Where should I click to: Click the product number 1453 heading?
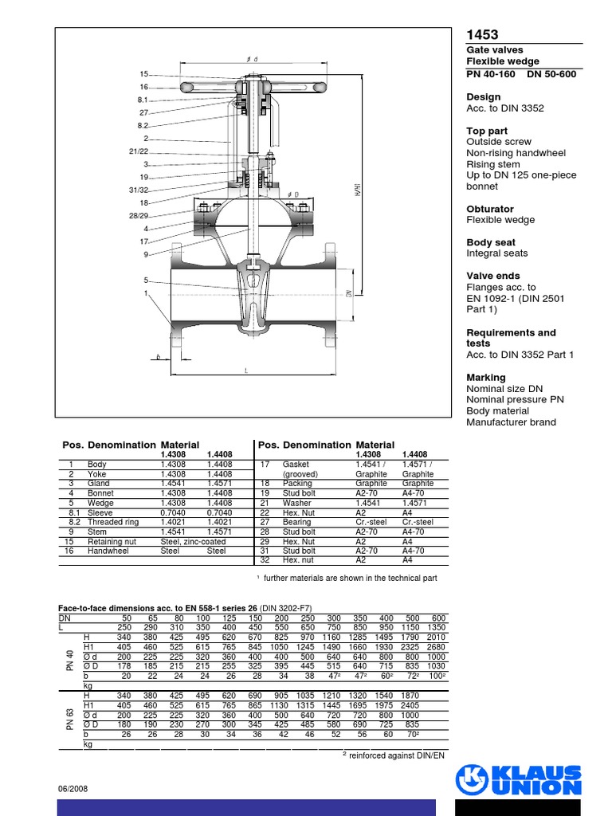(482, 34)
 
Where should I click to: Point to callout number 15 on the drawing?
(144, 74)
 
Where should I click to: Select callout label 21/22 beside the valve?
(138, 151)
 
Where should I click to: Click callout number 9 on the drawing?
(146, 254)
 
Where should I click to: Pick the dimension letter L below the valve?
(246, 371)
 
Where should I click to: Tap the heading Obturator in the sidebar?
(490, 209)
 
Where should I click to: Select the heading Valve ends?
(493, 276)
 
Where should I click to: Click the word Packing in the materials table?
(298, 484)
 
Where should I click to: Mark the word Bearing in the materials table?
(298, 522)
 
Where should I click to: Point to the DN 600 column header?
(437, 618)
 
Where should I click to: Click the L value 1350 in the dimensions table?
(436, 628)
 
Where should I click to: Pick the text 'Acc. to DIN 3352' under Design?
(505, 108)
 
